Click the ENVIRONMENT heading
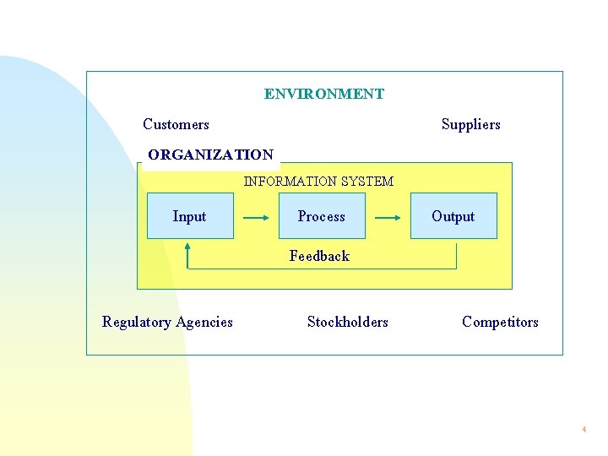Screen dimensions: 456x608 coord(323,94)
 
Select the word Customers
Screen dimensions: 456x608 coord(176,124)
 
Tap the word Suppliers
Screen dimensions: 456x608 coord(470,124)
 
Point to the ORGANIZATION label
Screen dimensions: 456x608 coord(210,155)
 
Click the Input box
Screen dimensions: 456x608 coord(190,216)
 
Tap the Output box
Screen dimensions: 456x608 coord(453,216)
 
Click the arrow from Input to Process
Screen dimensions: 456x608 coord(256,217)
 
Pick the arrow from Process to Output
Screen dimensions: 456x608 coord(388,217)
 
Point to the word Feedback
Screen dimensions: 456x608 coord(319,255)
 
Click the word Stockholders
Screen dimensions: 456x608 coord(347,322)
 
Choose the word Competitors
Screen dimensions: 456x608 coord(500,322)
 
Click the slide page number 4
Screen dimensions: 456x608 coord(584,430)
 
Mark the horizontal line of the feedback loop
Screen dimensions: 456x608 coord(321,269)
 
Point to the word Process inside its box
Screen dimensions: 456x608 coord(322,217)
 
